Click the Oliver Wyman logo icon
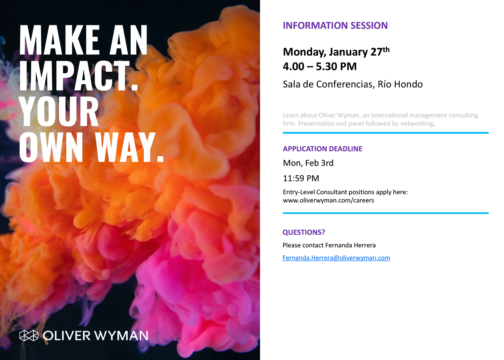pyautogui.click(x=29, y=336)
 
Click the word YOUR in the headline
pyautogui.click(x=59, y=111)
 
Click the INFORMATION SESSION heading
pyautogui.click(x=335, y=26)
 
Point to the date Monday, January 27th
pyautogui.click(x=336, y=52)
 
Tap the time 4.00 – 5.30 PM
pyautogui.click(x=320, y=67)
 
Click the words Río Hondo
pyautogui.click(x=400, y=84)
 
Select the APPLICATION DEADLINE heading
pyautogui.click(x=322, y=149)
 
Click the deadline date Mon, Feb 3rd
pyautogui.click(x=308, y=163)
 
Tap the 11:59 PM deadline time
pyautogui.click(x=301, y=178)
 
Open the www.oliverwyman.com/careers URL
pyautogui.click(x=328, y=200)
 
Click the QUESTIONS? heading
pyautogui.click(x=304, y=232)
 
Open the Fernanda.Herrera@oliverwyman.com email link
pyautogui.click(x=336, y=258)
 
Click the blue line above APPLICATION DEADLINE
pyautogui.click(x=385, y=133)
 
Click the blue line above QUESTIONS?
pyautogui.click(x=385, y=213)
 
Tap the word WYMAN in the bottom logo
pyautogui.click(x=121, y=336)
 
